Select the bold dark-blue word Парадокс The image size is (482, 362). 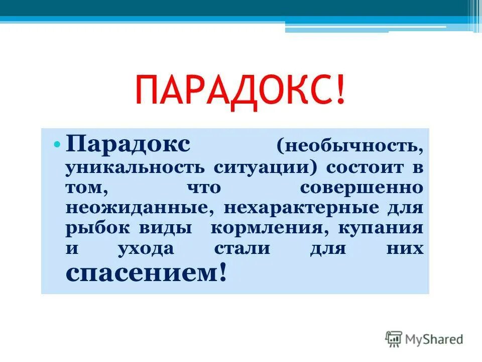128,145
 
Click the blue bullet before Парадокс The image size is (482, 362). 57,145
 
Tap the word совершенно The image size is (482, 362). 361,187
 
